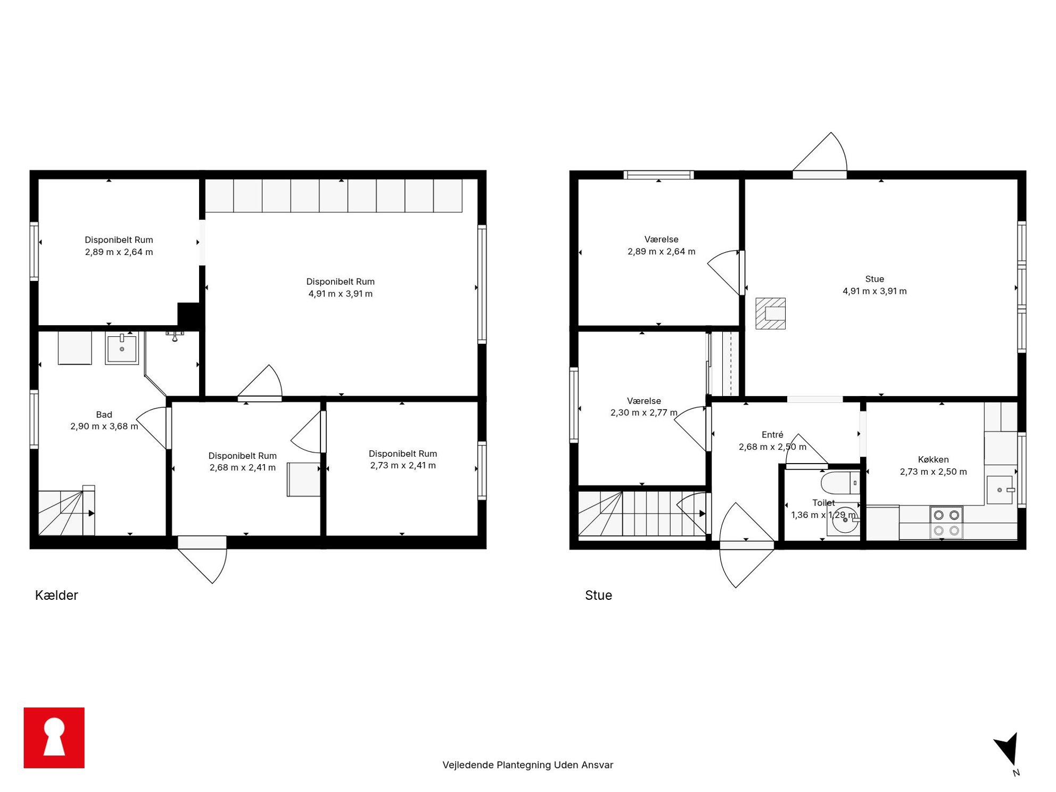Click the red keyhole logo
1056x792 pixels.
54,737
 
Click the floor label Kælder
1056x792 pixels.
56,595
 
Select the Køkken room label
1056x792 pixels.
933,459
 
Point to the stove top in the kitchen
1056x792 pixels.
946,522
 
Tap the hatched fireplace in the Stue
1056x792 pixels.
770,313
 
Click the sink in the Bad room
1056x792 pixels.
122,349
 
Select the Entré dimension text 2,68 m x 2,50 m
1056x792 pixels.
772,447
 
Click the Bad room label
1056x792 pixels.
104,415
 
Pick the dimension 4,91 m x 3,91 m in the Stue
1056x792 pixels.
874,291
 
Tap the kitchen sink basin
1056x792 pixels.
999,490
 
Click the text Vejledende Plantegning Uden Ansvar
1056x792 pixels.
527,765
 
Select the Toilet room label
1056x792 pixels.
823,502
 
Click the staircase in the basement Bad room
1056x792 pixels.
67,513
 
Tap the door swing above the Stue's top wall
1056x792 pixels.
821,152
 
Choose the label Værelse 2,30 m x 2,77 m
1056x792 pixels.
643,407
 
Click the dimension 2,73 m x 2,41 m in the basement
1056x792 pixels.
403,465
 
